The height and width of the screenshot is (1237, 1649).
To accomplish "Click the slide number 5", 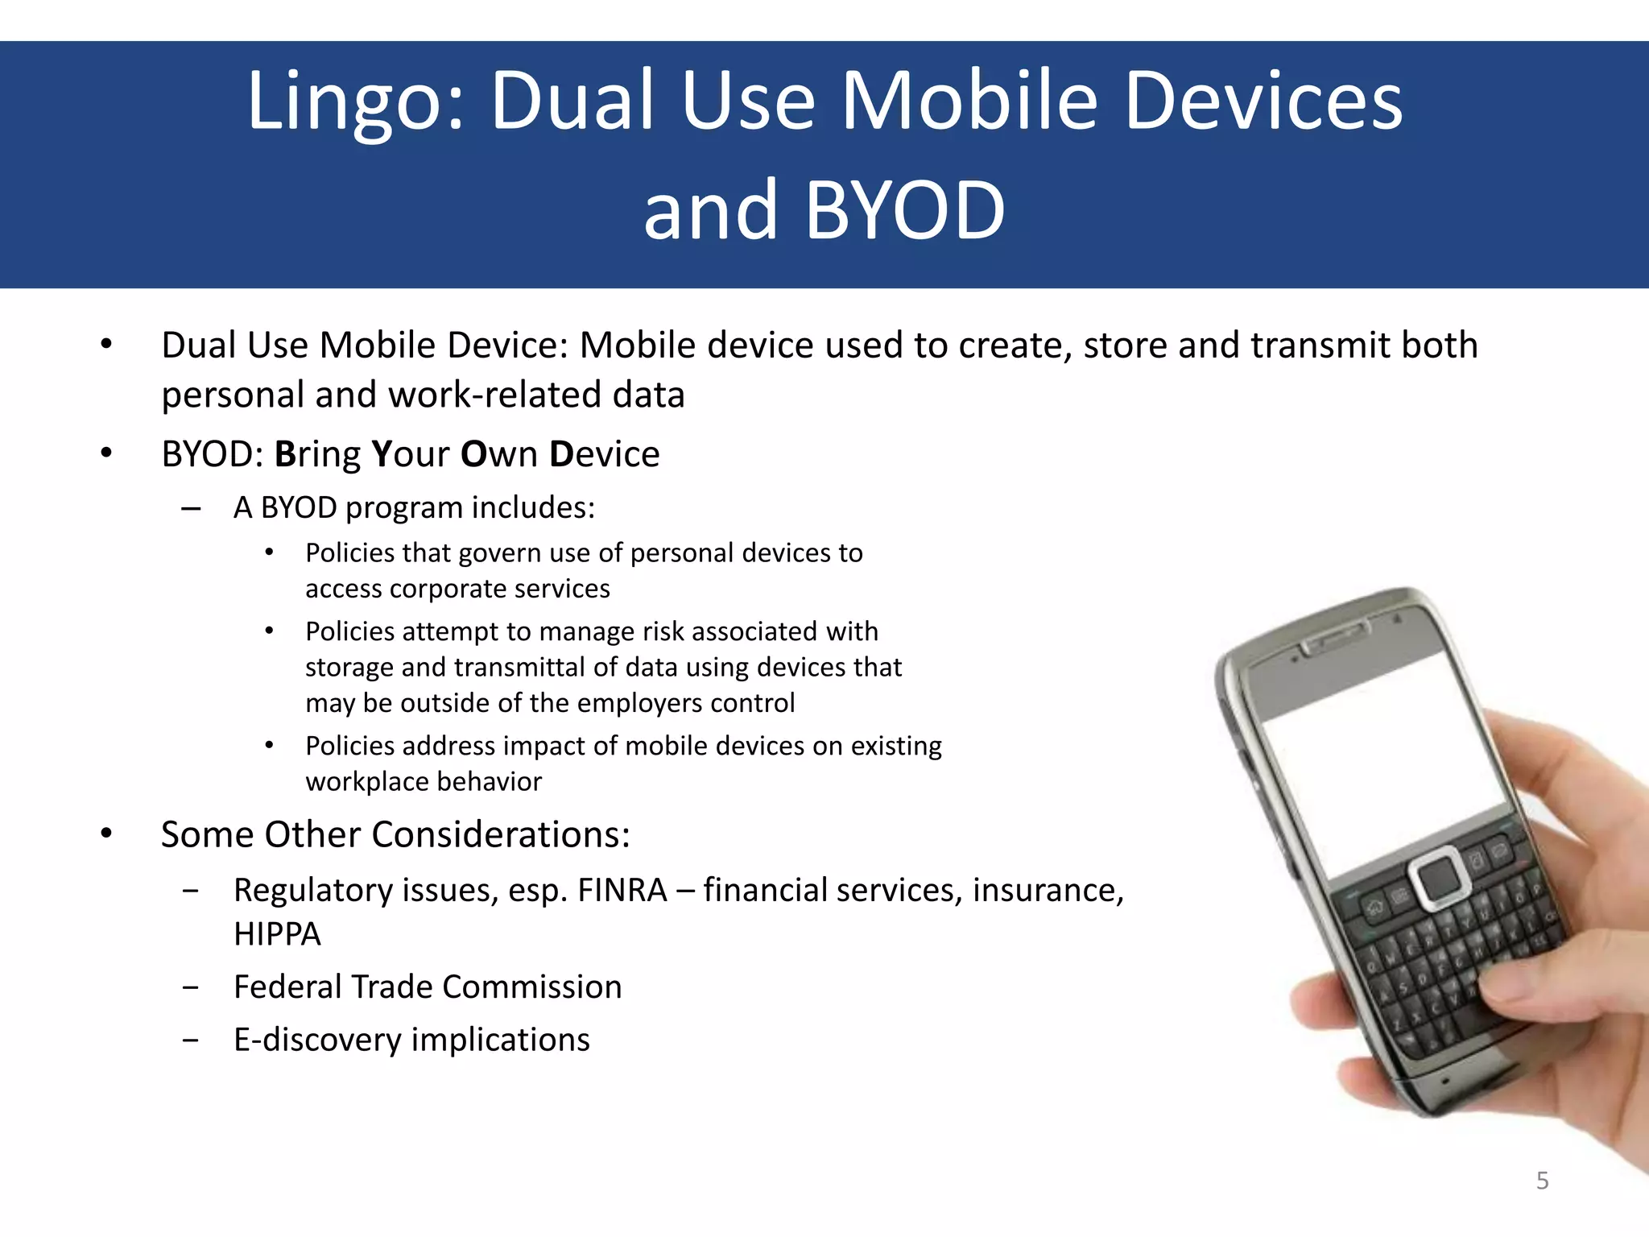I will click(1542, 1181).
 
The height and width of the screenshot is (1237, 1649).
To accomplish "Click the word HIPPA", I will click(277, 934).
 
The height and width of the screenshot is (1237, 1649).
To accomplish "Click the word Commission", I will click(532, 987).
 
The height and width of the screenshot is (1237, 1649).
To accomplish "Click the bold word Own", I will click(499, 455).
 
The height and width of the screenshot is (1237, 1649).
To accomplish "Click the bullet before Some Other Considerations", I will click(106, 834).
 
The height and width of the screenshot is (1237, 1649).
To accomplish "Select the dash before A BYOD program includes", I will click(191, 509).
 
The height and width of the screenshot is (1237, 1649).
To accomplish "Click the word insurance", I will click(1048, 891).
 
